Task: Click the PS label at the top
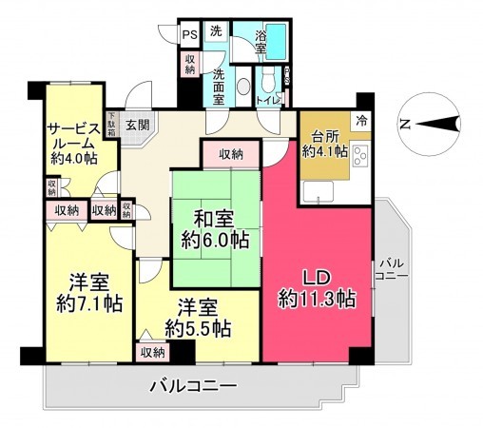click(191, 32)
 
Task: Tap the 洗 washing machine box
click(216, 31)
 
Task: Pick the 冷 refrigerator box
click(360, 119)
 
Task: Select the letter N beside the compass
click(403, 124)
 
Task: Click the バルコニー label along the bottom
click(194, 387)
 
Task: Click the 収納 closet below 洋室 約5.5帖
click(152, 352)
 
